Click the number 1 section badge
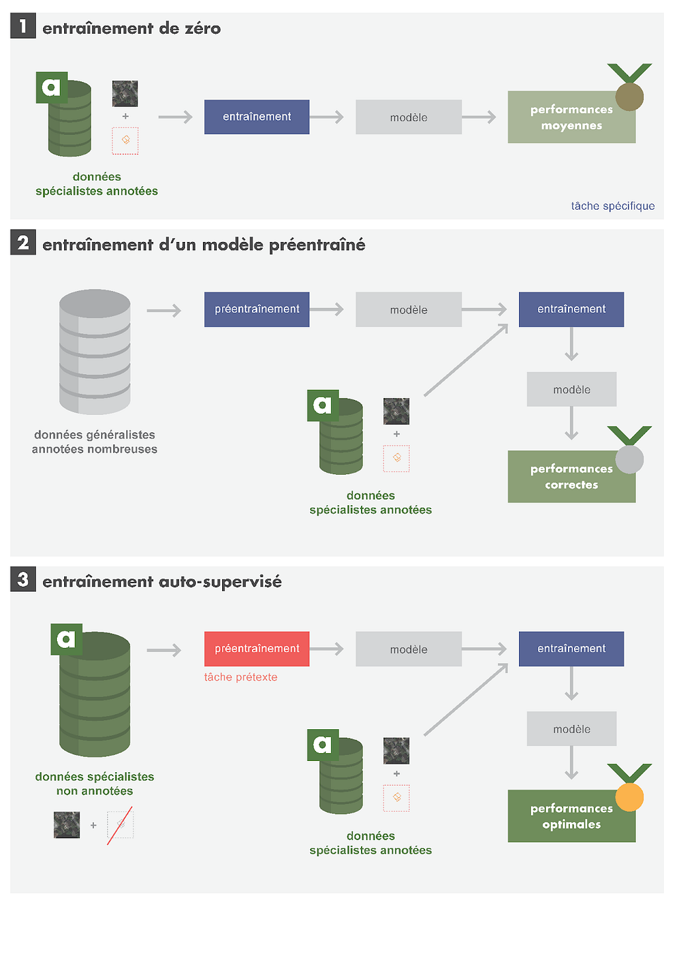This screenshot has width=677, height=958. (22, 25)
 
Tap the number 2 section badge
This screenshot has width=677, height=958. (22, 242)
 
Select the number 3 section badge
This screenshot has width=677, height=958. (22, 579)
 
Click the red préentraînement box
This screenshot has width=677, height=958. (257, 649)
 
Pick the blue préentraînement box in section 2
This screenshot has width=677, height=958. (257, 309)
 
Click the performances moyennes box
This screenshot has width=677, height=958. (571, 117)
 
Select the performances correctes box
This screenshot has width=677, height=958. (571, 477)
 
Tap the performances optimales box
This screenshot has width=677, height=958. (571, 816)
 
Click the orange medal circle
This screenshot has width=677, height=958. (629, 797)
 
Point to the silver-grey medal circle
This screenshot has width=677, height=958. (629, 459)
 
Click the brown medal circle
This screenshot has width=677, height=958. (629, 97)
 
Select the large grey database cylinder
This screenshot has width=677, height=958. (95, 352)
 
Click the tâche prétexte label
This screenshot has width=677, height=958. (241, 678)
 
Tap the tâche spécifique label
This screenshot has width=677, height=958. (613, 206)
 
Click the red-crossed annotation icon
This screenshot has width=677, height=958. (120, 825)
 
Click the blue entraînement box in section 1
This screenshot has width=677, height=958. (257, 117)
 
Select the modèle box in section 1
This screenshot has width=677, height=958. (409, 117)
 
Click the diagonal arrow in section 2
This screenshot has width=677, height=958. (466, 360)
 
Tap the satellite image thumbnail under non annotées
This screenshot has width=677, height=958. (67, 825)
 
